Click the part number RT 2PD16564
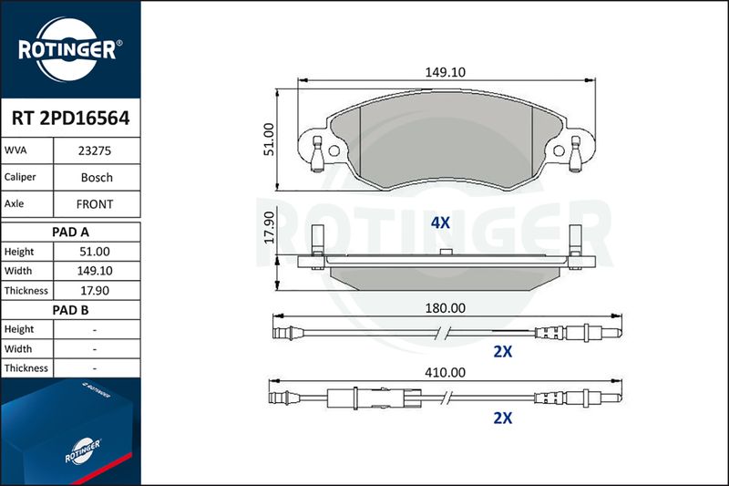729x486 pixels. (x=70, y=119)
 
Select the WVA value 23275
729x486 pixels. (x=95, y=150)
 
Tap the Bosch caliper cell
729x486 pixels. (x=97, y=177)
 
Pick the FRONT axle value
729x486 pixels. (x=95, y=204)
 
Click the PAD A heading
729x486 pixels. (x=70, y=233)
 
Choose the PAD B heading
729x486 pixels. (x=70, y=310)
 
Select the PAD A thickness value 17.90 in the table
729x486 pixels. (x=95, y=291)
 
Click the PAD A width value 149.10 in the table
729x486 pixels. (x=95, y=271)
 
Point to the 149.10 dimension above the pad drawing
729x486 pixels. (x=445, y=72)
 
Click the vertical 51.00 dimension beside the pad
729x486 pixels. (x=269, y=140)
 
